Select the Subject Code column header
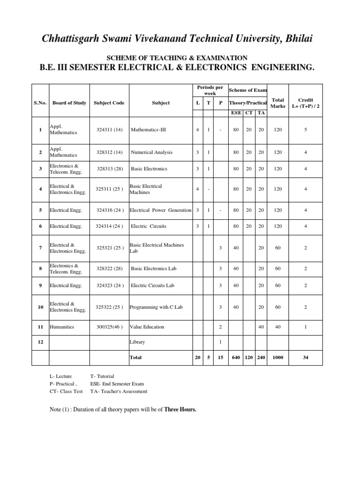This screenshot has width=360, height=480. click(x=109, y=103)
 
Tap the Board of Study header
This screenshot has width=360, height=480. click(x=69, y=103)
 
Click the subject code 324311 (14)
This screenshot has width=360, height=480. click(x=109, y=129)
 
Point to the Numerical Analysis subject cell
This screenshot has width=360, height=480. click(x=151, y=152)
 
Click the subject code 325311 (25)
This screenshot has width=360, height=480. click(x=109, y=189)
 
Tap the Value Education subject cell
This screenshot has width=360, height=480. click(x=148, y=327)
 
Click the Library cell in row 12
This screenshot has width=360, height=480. click(x=137, y=342)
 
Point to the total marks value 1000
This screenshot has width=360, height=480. click(x=278, y=357)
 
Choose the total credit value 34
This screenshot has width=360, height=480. click(x=306, y=357)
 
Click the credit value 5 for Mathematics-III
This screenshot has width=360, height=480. click(x=306, y=129)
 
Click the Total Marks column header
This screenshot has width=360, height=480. click(x=278, y=103)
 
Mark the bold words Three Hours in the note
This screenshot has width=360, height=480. click(x=180, y=409)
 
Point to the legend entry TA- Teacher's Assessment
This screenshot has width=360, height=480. click(x=119, y=391)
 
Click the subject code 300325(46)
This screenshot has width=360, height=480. click(x=109, y=327)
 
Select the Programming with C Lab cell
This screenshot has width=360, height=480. click(x=156, y=307)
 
